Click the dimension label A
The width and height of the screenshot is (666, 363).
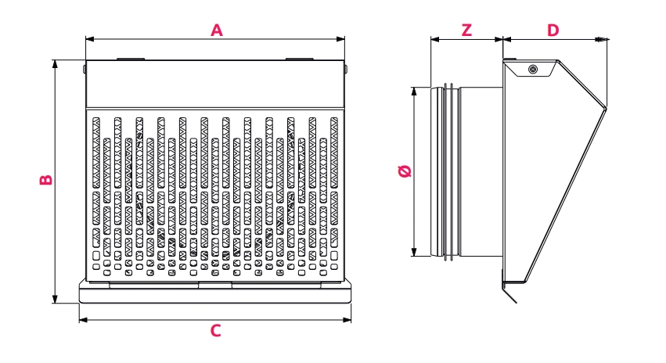(x=217, y=30)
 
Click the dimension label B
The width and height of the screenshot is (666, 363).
(x=46, y=179)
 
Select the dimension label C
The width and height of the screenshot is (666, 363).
(x=216, y=330)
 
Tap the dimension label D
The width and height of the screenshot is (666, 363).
(x=553, y=31)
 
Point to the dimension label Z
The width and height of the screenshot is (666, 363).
(x=466, y=31)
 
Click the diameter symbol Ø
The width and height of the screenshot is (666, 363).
(x=405, y=171)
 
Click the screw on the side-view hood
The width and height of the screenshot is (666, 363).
(x=532, y=70)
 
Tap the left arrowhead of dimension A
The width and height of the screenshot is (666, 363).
(x=88, y=38)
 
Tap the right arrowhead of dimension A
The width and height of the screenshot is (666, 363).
(x=340, y=38)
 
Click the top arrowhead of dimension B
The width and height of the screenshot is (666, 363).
(x=55, y=63)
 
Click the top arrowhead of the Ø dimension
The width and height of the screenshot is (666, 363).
(x=414, y=92)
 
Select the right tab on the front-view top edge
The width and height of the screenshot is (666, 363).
(x=297, y=58)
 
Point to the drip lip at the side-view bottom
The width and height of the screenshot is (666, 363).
(x=509, y=295)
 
